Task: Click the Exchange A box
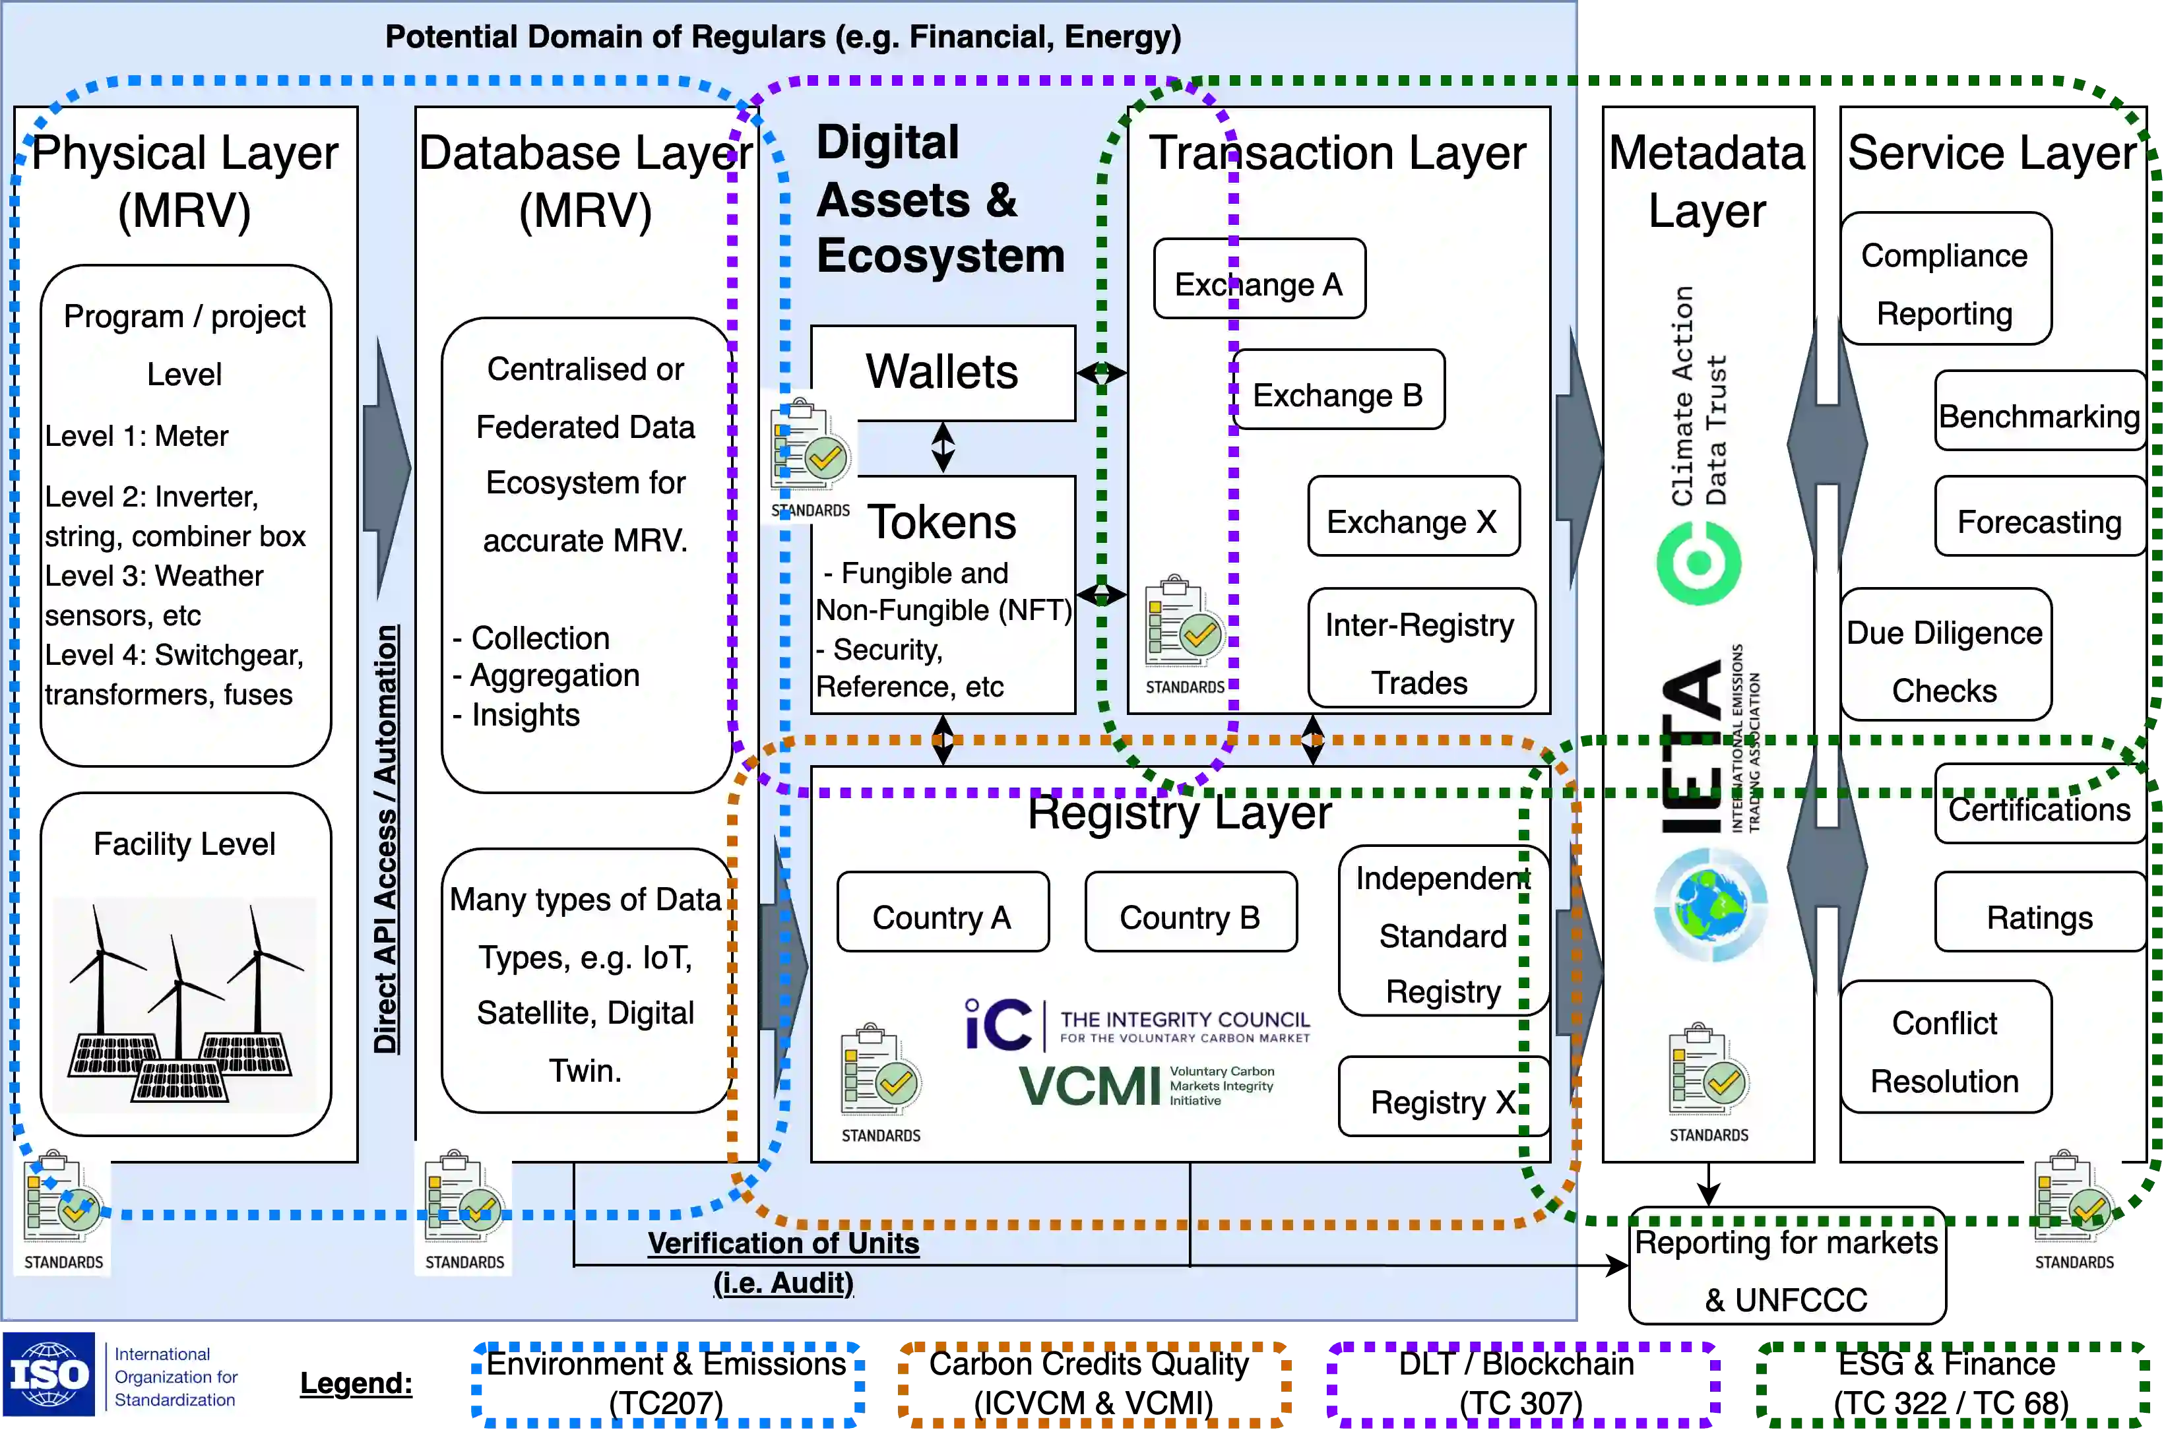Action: click(1259, 279)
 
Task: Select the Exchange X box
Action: click(1413, 516)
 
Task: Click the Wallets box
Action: click(943, 373)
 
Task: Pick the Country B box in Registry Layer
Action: click(1191, 912)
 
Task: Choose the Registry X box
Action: click(1444, 1096)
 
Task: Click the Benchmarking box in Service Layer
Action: click(2040, 410)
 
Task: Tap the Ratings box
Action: click(2040, 912)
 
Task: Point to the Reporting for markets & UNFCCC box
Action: click(1787, 1266)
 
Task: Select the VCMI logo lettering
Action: click(1090, 1085)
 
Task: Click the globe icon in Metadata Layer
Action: click(1710, 905)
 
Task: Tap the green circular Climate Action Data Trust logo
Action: click(1699, 563)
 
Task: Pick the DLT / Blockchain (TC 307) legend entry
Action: click(1521, 1383)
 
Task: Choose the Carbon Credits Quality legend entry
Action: click(1093, 1383)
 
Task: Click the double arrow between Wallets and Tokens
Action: click(943, 448)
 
